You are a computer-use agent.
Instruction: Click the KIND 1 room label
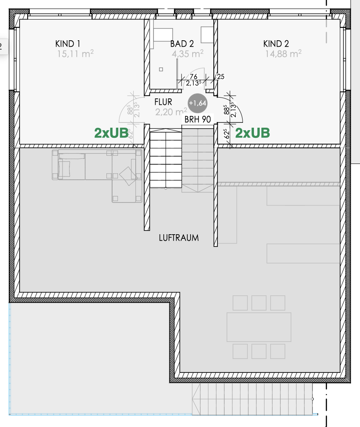(x=68, y=44)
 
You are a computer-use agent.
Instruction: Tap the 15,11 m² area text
(x=76, y=54)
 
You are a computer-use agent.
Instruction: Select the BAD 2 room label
(x=182, y=44)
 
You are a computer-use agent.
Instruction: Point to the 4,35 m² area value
(x=187, y=54)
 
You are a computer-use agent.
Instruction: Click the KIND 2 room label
(x=276, y=44)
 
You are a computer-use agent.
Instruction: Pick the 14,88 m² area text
(x=283, y=54)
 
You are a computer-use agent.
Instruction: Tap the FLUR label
(x=163, y=102)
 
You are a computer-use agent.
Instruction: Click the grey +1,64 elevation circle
(x=197, y=103)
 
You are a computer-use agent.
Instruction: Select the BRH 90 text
(x=197, y=119)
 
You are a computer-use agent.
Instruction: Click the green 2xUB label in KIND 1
(x=111, y=133)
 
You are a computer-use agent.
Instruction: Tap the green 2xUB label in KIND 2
(x=252, y=133)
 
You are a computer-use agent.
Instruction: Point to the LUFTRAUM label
(x=179, y=238)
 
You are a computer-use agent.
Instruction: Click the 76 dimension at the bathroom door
(x=193, y=76)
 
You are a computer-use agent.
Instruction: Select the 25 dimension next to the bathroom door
(x=221, y=76)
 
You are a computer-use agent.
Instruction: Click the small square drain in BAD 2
(x=161, y=70)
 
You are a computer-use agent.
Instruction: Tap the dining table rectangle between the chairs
(x=259, y=327)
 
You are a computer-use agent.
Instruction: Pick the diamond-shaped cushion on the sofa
(x=128, y=176)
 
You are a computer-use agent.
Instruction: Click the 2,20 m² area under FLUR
(x=171, y=112)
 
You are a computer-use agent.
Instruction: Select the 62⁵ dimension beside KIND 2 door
(x=227, y=134)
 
